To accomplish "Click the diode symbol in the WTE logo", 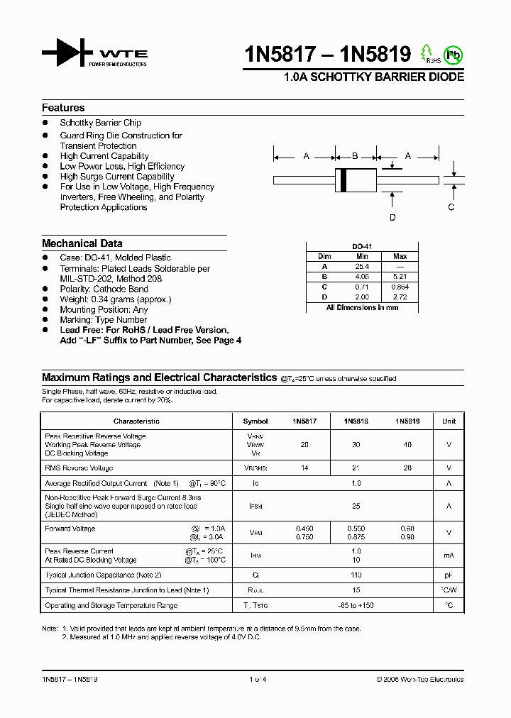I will coord(67,53).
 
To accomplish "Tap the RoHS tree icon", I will coord(427,53).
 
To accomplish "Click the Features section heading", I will coord(63,108).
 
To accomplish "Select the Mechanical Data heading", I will coord(82,243).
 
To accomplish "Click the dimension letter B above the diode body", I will coord(355,155).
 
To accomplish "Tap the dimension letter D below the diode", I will coord(392,218).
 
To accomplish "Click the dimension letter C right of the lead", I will coord(451,207).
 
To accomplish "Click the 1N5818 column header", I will coord(356,421).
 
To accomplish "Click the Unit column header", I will coord(449,421).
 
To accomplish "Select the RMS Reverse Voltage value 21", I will coord(356,468).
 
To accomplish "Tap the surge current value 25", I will coord(356,507).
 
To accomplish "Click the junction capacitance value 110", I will coord(356,575).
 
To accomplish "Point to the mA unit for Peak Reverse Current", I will coord(449,556).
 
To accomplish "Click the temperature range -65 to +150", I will coord(356,606).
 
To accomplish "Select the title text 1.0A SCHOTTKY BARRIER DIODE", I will coord(374,77).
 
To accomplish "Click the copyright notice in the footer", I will coord(419,680).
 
